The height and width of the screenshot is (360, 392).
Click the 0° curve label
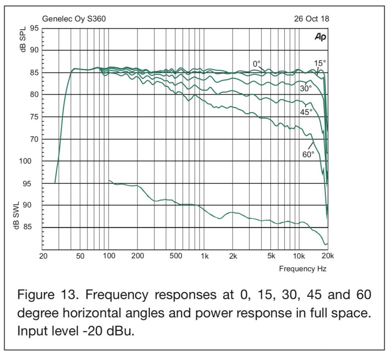coord(257,64)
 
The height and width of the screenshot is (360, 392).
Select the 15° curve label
coord(320,63)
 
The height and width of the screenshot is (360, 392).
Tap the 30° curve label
coord(306,88)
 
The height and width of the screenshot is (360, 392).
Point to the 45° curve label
coord(306,112)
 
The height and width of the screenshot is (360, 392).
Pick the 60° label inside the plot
coord(308,154)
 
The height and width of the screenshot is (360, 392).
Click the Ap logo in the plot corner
coord(320,37)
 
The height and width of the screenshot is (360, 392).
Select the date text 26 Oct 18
coord(311,19)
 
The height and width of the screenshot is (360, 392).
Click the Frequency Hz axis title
coord(303,269)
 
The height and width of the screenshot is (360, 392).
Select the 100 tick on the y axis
coord(32,161)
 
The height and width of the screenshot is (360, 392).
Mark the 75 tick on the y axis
coord(34,117)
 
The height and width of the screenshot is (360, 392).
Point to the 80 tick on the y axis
coord(34,95)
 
